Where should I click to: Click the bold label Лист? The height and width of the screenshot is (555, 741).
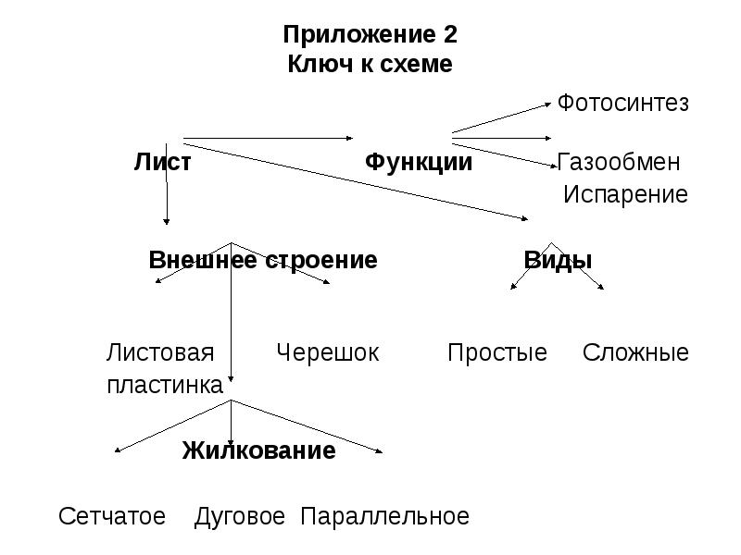[x=163, y=162]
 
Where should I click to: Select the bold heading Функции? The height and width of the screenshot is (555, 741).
[x=419, y=163]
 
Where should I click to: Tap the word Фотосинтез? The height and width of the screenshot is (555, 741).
[x=622, y=103]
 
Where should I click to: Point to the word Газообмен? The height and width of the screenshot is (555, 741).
[x=619, y=162]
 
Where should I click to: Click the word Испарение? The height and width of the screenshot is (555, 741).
[x=626, y=194]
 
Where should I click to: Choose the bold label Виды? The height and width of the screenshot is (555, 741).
[x=558, y=260]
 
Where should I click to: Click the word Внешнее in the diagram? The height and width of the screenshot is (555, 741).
[x=204, y=260]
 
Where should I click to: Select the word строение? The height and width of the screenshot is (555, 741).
[x=320, y=261]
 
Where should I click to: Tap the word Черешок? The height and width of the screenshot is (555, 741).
[x=328, y=353]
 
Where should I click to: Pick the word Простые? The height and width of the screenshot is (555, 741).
[x=497, y=353]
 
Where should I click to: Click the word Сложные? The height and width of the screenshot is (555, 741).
[x=635, y=352]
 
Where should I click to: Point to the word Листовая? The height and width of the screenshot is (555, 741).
[x=160, y=352]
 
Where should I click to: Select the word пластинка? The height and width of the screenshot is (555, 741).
[x=165, y=385]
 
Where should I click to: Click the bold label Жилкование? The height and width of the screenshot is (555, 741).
[x=259, y=450]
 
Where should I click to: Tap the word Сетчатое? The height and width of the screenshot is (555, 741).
[x=112, y=516]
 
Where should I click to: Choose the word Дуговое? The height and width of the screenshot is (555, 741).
[x=240, y=517]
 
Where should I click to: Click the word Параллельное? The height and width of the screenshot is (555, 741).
[x=384, y=517]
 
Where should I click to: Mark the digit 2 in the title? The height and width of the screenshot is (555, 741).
[x=450, y=34]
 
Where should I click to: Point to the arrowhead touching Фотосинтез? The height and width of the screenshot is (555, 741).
[x=548, y=105]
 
